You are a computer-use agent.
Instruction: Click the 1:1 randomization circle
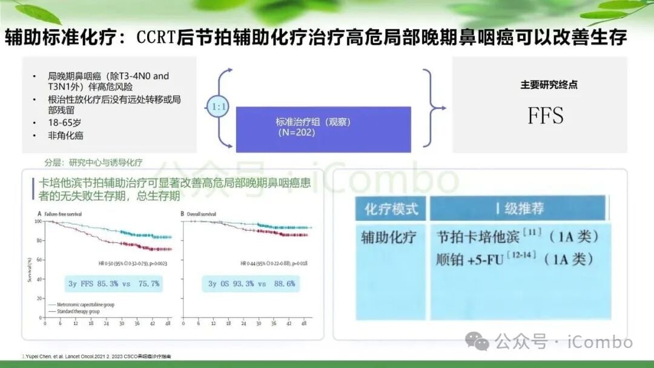point(217,108)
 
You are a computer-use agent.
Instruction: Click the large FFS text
point(545,116)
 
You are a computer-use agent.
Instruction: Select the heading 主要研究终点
point(549,85)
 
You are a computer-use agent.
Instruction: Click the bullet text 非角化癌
point(66,136)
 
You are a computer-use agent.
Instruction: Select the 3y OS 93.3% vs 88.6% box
point(251,283)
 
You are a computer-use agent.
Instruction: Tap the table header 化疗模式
point(391,209)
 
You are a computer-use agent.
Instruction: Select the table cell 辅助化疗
point(389,237)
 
